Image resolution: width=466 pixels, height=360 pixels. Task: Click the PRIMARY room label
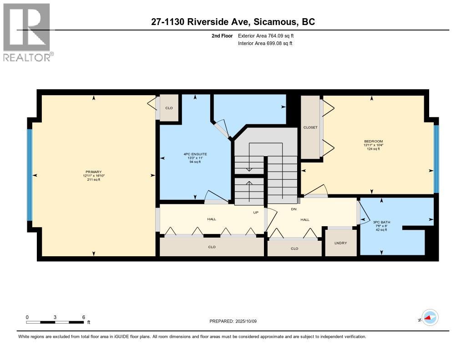click(94, 172)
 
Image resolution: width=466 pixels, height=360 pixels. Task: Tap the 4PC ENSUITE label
click(195, 154)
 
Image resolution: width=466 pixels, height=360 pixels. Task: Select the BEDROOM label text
click(373, 141)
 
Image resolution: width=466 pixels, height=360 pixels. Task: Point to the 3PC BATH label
click(381, 222)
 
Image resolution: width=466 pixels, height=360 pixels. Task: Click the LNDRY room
click(340, 243)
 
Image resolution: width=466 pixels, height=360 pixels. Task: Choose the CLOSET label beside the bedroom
click(310, 127)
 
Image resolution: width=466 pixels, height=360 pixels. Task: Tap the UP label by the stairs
click(256, 212)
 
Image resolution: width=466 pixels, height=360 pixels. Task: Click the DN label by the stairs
click(294, 209)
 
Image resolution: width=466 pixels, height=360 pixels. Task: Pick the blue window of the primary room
click(30, 175)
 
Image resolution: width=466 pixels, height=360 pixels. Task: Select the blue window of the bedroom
click(436, 159)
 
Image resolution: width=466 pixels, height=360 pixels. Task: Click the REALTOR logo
click(27, 32)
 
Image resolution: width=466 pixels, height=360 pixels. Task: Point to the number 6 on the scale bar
click(84, 317)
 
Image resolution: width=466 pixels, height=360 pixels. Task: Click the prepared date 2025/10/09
click(246, 321)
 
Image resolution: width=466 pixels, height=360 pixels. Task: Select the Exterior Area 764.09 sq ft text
click(266, 35)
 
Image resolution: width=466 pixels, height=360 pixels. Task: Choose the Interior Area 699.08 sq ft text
click(265, 43)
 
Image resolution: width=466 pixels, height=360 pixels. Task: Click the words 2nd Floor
click(222, 35)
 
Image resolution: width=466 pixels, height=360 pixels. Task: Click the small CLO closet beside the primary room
click(169, 108)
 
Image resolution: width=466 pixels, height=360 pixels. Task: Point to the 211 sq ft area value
click(94, 180)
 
